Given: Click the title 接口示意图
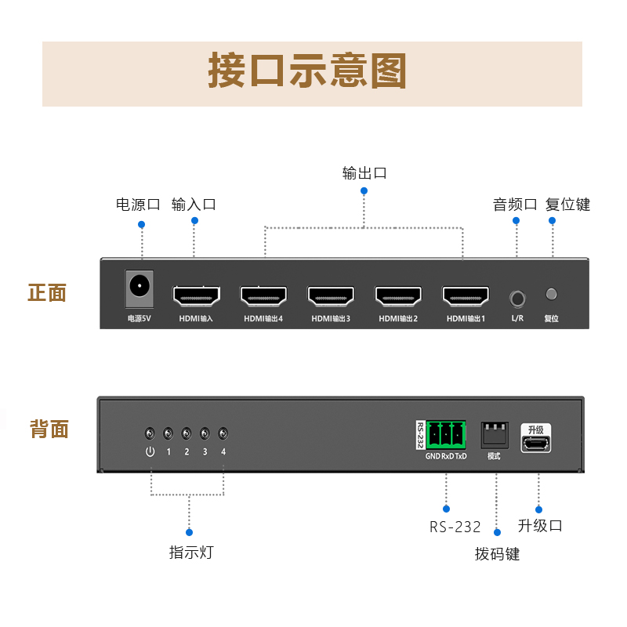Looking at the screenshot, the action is point(307,71).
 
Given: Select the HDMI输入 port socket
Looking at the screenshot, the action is point(196,295).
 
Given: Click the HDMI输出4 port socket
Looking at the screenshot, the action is point(263,295).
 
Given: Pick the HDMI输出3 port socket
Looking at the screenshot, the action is point(331,295).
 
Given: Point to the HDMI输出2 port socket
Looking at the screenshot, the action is point(398,295).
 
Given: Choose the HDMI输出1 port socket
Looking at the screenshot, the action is point(466,295).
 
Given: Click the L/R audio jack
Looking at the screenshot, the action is point(516,298).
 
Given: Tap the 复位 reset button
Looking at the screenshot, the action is point(551,294).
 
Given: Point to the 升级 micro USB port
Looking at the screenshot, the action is point(536,444).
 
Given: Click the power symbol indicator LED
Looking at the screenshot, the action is point(150,433).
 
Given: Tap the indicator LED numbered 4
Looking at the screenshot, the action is point(223,433).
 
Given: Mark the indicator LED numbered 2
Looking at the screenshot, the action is point(187,433).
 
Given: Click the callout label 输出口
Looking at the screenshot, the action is point(364,173).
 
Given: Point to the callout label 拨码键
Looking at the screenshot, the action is point(497,554).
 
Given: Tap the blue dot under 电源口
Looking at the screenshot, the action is point(142,224).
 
